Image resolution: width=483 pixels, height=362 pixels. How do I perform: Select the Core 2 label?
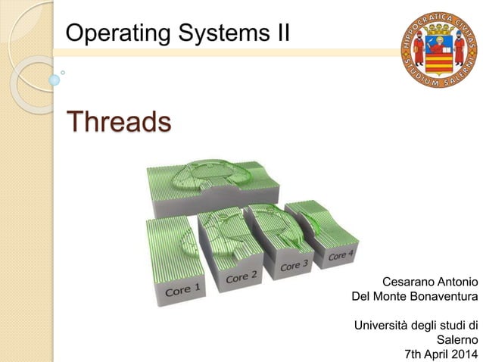[x=241, y=277]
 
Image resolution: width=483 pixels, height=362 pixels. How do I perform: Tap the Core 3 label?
[x=294, y=266]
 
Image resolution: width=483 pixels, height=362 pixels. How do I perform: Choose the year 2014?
[x=463, y=354]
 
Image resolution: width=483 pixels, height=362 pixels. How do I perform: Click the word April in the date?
[x=431, y=354]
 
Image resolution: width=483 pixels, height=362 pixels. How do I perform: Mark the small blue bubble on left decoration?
[x=54, y=79]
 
